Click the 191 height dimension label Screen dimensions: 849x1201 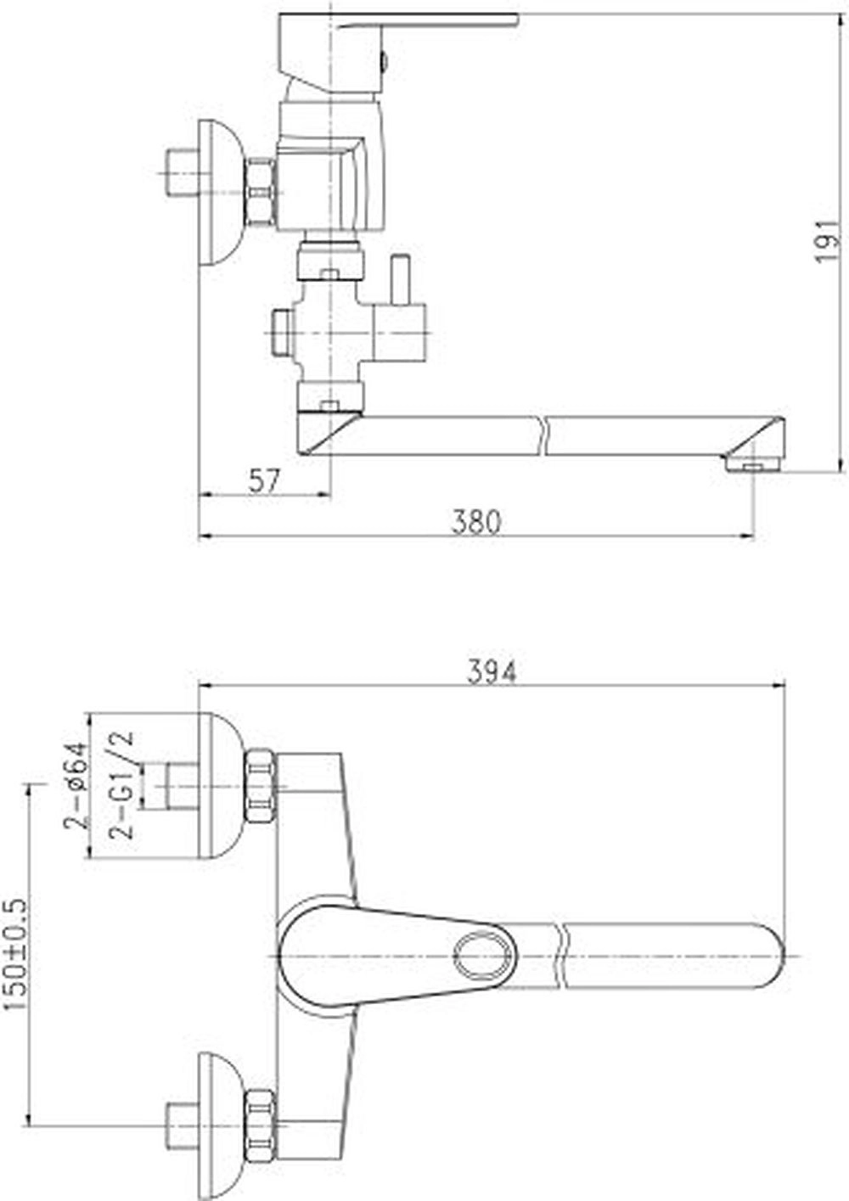pyautogui.click(x=829, y=240)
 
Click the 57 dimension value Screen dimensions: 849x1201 pyautogui.click(x=264, y=481)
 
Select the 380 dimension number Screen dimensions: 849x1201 pyautogui.click(x=475, y=521)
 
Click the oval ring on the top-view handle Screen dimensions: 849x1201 pyautogui.click(x=479, y=956)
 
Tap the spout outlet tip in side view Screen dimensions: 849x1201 pyautogui.click(x=754, y=463)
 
